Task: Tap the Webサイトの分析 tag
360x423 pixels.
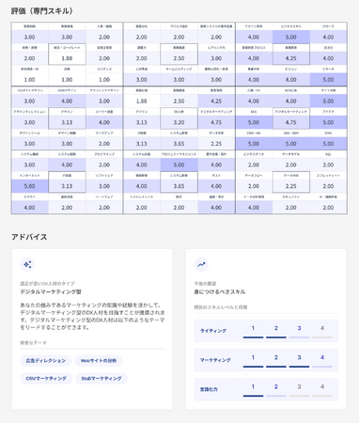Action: (x=102, y=360)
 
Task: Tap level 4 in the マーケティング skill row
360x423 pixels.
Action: (x=321, y=357)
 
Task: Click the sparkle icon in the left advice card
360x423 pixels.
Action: (x=29, y=265)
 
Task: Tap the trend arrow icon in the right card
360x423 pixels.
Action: (x=201, y=265)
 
